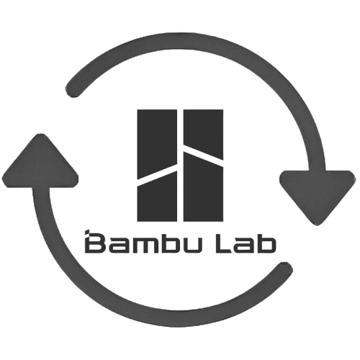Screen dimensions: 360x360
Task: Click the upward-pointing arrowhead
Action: (40, 163)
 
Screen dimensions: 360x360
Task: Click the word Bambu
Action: (143, 242)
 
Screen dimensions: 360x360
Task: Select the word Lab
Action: (246, 243)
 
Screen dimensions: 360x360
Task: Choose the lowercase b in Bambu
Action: (169, 244)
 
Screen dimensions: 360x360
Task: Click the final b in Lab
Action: (266, 244)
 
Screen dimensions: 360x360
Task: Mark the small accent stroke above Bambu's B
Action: (88, 232)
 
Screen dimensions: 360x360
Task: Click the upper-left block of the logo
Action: (157, 142)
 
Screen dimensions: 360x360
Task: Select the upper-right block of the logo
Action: (203, 131)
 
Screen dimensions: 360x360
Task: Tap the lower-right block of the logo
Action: (203, 189)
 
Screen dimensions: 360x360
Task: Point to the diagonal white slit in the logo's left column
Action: (157, 175)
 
